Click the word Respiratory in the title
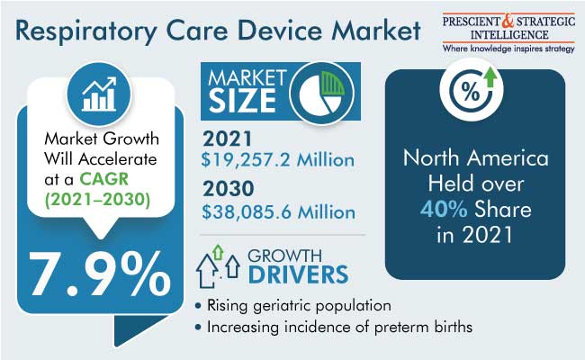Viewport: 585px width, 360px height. point(86,31)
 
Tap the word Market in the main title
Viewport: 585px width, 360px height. point(376,30)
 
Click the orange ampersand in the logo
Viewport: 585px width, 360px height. point(508,21)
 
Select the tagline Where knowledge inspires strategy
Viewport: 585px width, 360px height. point(508,49)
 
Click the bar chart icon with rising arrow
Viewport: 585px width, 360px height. point(99,94)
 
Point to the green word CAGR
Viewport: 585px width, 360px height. point(104,179)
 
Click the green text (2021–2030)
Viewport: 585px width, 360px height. point(98,200)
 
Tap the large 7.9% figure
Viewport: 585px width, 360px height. point(100,274)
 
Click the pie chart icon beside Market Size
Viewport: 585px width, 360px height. point(321,93)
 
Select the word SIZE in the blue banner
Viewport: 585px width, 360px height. point(242,101)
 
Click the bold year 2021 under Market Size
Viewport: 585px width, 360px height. point(227,139)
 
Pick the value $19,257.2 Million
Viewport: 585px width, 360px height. point(278,159)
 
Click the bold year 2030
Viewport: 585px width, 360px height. point(229,189)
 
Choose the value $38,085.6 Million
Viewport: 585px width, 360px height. point(279,212)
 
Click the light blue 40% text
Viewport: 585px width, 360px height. point(444,209)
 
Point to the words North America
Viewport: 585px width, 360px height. point(476,157)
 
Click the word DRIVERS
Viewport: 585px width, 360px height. point(299,274)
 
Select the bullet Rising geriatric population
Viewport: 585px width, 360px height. point(293,305)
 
